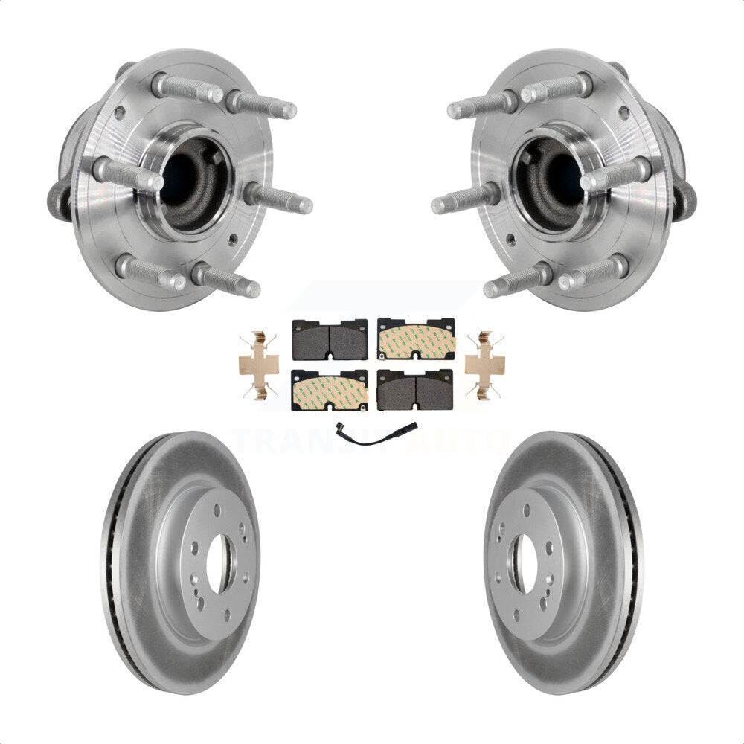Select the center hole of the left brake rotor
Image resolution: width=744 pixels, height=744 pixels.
tap(219, 563)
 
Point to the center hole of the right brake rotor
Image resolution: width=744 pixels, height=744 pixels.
tap(525, 563)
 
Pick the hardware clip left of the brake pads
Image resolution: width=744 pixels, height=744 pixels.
tap(259, 365)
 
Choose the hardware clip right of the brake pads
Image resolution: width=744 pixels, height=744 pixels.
tap(484, 365)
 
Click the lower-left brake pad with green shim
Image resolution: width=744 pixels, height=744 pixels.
tap(330, 390)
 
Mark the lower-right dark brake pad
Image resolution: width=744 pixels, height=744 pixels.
tap(415, 390)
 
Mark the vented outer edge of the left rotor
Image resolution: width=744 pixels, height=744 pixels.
tap(112, 565)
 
